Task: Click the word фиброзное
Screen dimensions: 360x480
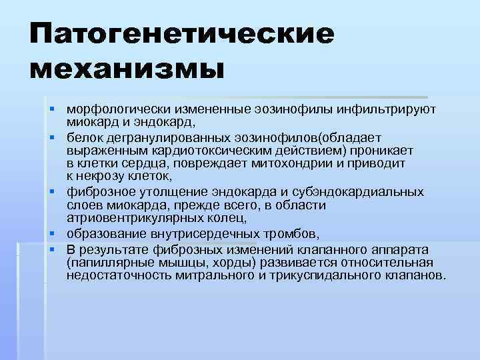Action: (x=96, y=192)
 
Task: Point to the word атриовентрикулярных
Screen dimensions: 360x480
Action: (x=139, y=218)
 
